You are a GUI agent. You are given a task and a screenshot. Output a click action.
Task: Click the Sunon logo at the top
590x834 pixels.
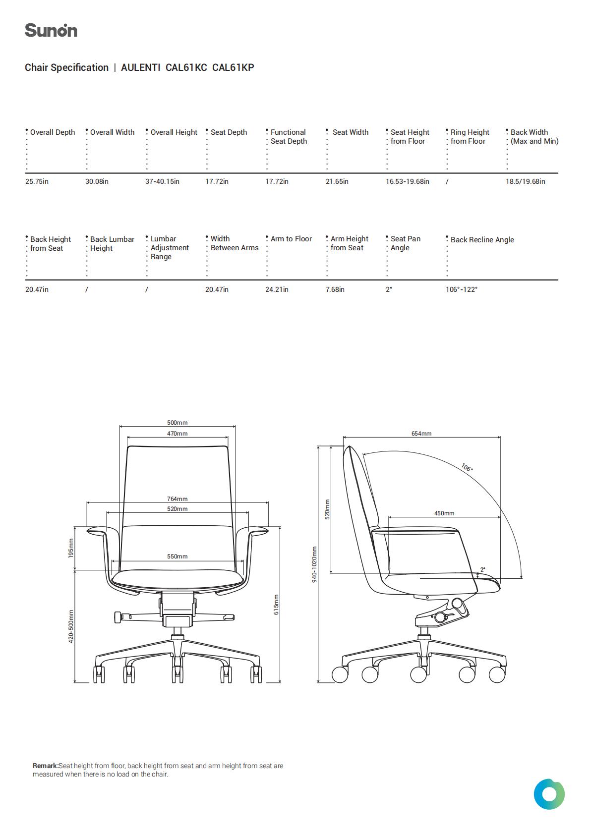[x=51, y=30]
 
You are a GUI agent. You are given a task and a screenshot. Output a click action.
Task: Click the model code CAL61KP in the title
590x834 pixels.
[x=233, y=67]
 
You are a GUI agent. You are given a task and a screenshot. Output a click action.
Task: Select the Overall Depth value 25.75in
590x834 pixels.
[x=37, y=181]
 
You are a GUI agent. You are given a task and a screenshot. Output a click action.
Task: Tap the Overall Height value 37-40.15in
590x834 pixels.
[x=163, y=181]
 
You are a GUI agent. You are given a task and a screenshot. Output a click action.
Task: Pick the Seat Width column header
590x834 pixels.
[x=351, y=132]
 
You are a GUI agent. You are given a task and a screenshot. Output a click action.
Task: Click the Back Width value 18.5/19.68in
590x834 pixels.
[x=525, y=181]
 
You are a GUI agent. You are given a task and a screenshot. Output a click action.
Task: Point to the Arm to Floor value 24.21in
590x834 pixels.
[x=277, y=289]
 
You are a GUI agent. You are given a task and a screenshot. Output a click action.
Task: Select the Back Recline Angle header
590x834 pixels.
[x=482, y=240]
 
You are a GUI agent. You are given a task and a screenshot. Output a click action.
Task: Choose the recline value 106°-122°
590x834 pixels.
[x=462, y=289]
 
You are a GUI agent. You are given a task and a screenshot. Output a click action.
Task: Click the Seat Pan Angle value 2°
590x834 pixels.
[x=389, y=289]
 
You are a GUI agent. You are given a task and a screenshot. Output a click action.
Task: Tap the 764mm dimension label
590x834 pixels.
[x=177, y=499]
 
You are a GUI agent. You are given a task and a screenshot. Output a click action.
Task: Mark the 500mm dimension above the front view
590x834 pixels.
[x=177, y=423]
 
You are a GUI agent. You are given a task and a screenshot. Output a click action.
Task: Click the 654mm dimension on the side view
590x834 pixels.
[x=421, y=434]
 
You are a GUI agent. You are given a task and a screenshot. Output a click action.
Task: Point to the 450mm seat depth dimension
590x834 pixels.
[x=444, y=513]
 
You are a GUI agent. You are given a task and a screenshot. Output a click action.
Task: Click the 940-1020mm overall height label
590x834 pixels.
[x=314, y=564]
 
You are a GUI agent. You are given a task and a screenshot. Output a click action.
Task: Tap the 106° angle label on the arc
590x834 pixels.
[x=467, y=467]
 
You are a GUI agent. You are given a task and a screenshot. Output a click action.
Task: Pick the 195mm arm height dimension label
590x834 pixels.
[x=71, y=548]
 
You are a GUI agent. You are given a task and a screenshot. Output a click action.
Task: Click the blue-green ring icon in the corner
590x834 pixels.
[x=549, y=794]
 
